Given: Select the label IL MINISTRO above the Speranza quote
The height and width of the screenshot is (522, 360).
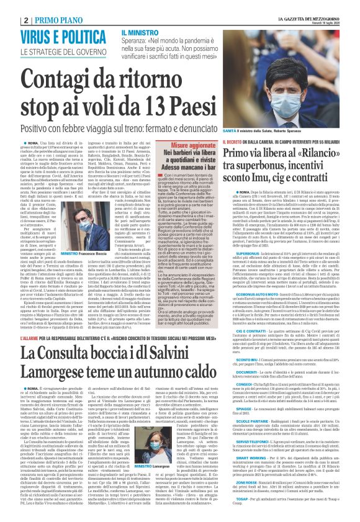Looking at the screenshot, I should (140, 32).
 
